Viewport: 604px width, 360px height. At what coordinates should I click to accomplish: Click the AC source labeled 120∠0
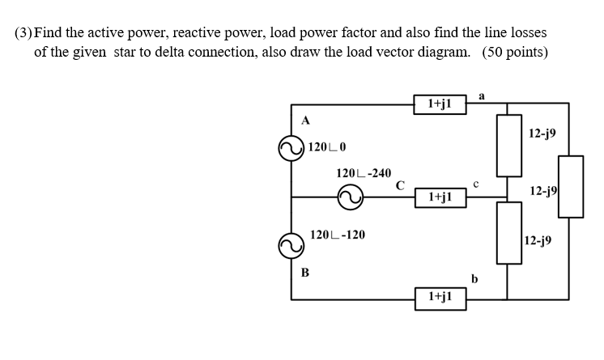point(291,148)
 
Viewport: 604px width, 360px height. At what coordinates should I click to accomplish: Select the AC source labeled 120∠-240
point(351,197)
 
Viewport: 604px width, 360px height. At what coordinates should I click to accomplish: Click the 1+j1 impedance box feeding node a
point(440,104)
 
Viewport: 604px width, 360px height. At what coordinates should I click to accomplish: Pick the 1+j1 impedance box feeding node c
point(440,197)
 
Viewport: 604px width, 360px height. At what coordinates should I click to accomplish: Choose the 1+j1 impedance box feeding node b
point(440,298)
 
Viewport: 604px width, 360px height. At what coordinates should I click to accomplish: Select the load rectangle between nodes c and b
point(508,233)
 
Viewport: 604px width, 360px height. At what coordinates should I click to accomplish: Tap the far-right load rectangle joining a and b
point(570,186)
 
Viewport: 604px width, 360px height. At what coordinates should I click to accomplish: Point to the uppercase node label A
point(305,121)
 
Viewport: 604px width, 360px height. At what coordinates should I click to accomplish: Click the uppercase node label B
point(305,273)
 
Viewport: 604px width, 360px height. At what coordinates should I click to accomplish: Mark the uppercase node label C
point(400,184)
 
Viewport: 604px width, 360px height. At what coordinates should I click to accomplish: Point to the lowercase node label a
point(482,95)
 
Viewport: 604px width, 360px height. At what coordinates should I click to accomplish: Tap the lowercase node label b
point(475,279)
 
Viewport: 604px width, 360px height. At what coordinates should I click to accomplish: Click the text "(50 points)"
point(515,53)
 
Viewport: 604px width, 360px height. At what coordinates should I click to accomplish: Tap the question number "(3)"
point(23,33)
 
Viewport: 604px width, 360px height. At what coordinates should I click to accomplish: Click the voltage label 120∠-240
point(364,173)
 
